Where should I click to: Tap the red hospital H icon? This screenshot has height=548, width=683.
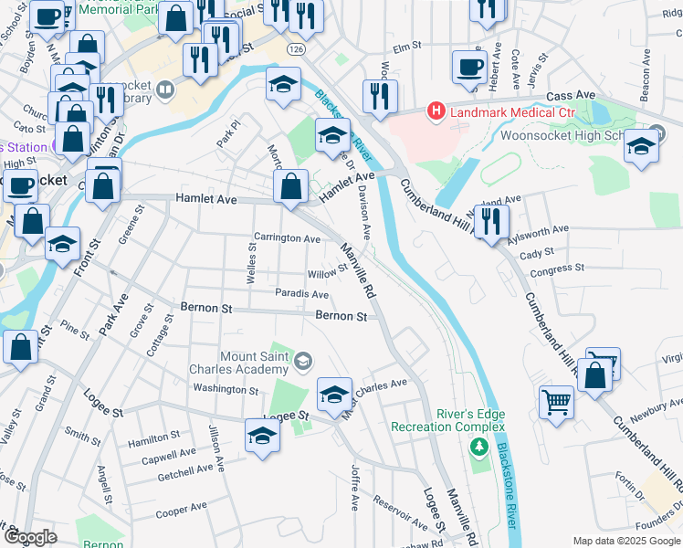(436, 111)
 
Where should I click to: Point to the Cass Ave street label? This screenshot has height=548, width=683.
(571, 95)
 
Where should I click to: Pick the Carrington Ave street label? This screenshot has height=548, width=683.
(287, 238)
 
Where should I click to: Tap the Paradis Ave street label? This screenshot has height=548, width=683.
(301, 294)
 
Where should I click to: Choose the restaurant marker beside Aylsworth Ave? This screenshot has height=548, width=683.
(491, 220)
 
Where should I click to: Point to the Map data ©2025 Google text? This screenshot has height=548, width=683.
(625, 541)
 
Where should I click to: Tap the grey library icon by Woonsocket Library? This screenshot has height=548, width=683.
(165, 90)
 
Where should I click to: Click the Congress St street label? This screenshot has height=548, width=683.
(557, 271)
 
